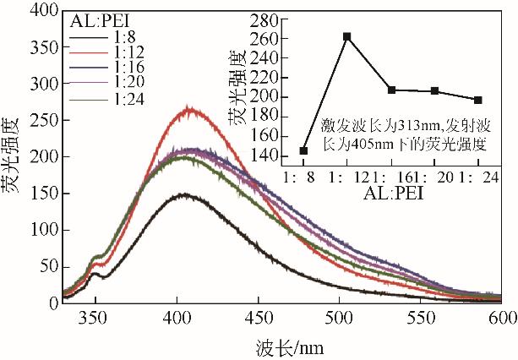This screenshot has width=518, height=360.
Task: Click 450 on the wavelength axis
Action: pos(259,319)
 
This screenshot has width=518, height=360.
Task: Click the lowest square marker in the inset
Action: pos(303,150)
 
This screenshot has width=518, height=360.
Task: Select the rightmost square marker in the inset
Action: pos(478,100)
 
